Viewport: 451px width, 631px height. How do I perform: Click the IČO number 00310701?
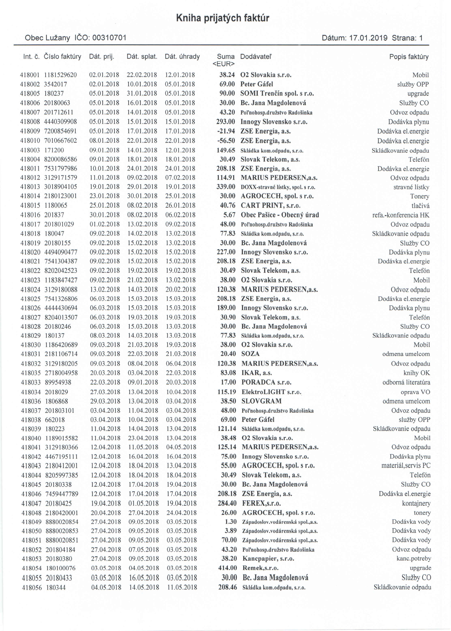point(109,38)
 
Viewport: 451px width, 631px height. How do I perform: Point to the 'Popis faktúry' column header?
point(409,57)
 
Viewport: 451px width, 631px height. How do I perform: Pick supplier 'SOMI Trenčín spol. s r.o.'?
point(277,94)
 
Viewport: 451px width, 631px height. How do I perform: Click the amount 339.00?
point(226,187)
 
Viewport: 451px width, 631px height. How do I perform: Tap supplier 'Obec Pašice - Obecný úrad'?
point(280,215)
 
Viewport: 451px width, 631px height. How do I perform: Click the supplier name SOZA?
point(250,354)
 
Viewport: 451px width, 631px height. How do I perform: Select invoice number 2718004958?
point(61,373)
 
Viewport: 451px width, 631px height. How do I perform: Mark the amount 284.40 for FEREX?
point(227,503)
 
